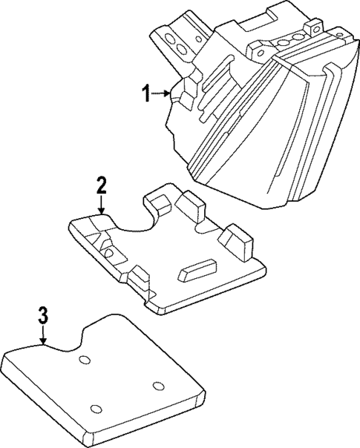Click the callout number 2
click(101, 185)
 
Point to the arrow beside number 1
click(160, 93)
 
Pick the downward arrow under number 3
click(43, 335)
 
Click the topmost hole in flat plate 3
click(85, 360)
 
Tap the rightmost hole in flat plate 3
click(158, 386)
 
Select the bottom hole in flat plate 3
click(96, 409)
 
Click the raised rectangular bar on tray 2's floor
click(197, 270)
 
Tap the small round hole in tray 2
click(109, 252)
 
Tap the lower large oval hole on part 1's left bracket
click(181, 50)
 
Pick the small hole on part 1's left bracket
click(198, 39)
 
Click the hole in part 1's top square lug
click(316, 28)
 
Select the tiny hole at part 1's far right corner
click(339, 34)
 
